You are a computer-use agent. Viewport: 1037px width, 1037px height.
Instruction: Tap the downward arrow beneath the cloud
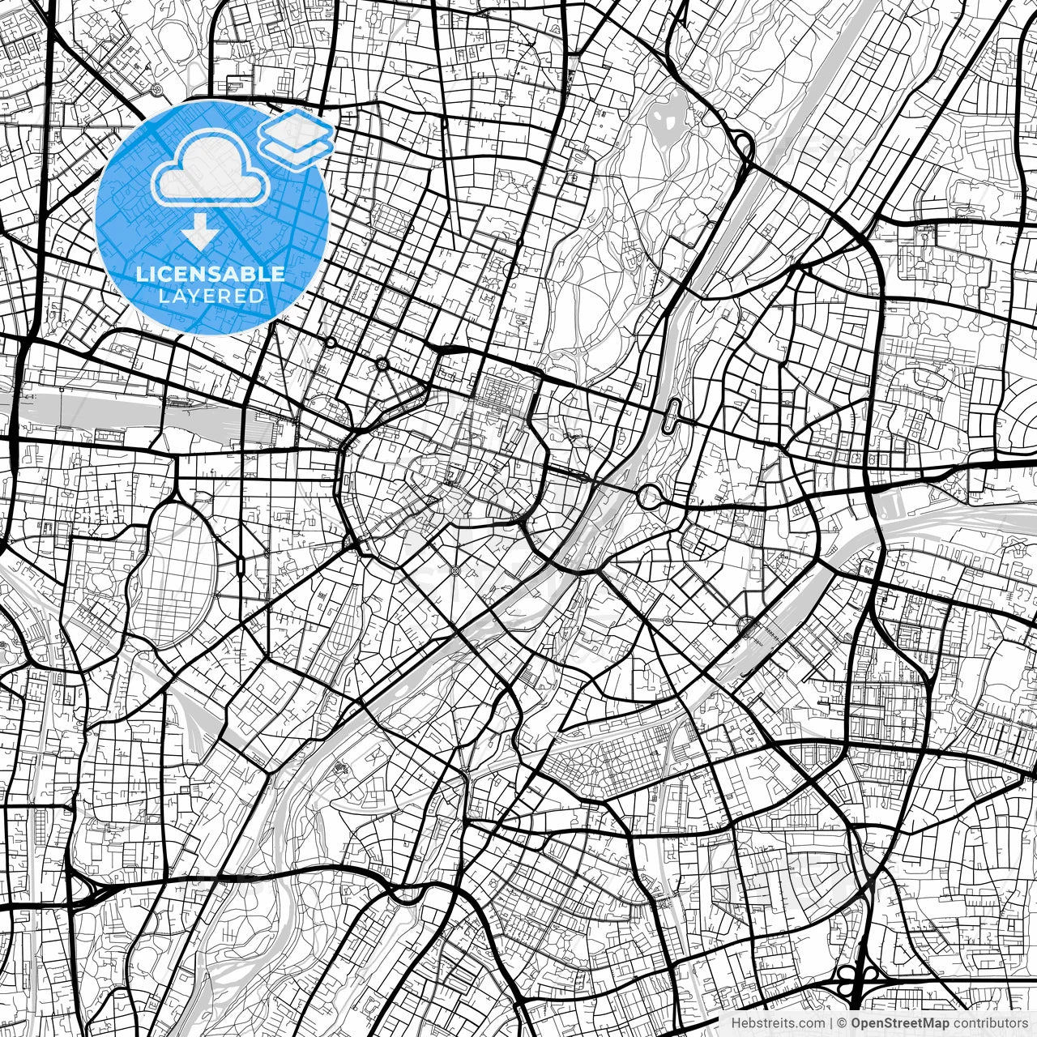(x=199, y=232)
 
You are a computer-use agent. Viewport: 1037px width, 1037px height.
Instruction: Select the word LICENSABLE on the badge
(x=211, y=274)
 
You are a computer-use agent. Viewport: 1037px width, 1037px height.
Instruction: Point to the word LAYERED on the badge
(x=211, y=296)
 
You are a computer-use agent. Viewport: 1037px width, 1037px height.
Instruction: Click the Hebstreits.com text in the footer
(x=779, y=1023)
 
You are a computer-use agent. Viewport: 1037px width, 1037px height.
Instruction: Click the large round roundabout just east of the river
(x=650, y=497)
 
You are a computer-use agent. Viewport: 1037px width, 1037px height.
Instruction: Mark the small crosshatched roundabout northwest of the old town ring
(x=382, y=365)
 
